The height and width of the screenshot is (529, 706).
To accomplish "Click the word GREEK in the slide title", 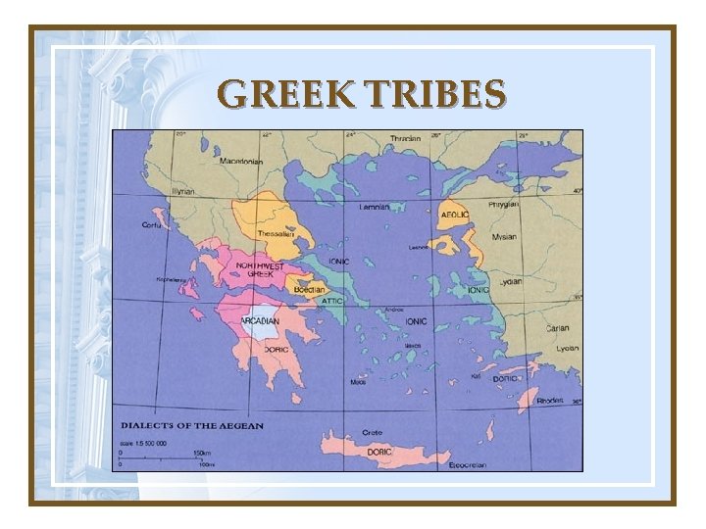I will coord(286,95).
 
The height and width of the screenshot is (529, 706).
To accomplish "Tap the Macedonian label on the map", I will coord(240,161).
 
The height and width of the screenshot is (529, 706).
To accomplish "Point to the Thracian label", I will coord(404,138).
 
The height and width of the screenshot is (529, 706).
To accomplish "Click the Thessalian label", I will coord(274,234).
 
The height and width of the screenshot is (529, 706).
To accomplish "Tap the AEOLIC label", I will coord(454,214).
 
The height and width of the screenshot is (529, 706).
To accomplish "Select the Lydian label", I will coord(509,281).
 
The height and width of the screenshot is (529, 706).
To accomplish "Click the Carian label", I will coord(558,328).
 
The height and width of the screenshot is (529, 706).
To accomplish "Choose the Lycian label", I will coord(567,348).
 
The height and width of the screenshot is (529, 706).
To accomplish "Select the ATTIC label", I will coord(332,301).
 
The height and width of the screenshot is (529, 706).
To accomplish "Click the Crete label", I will coord(372,432).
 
